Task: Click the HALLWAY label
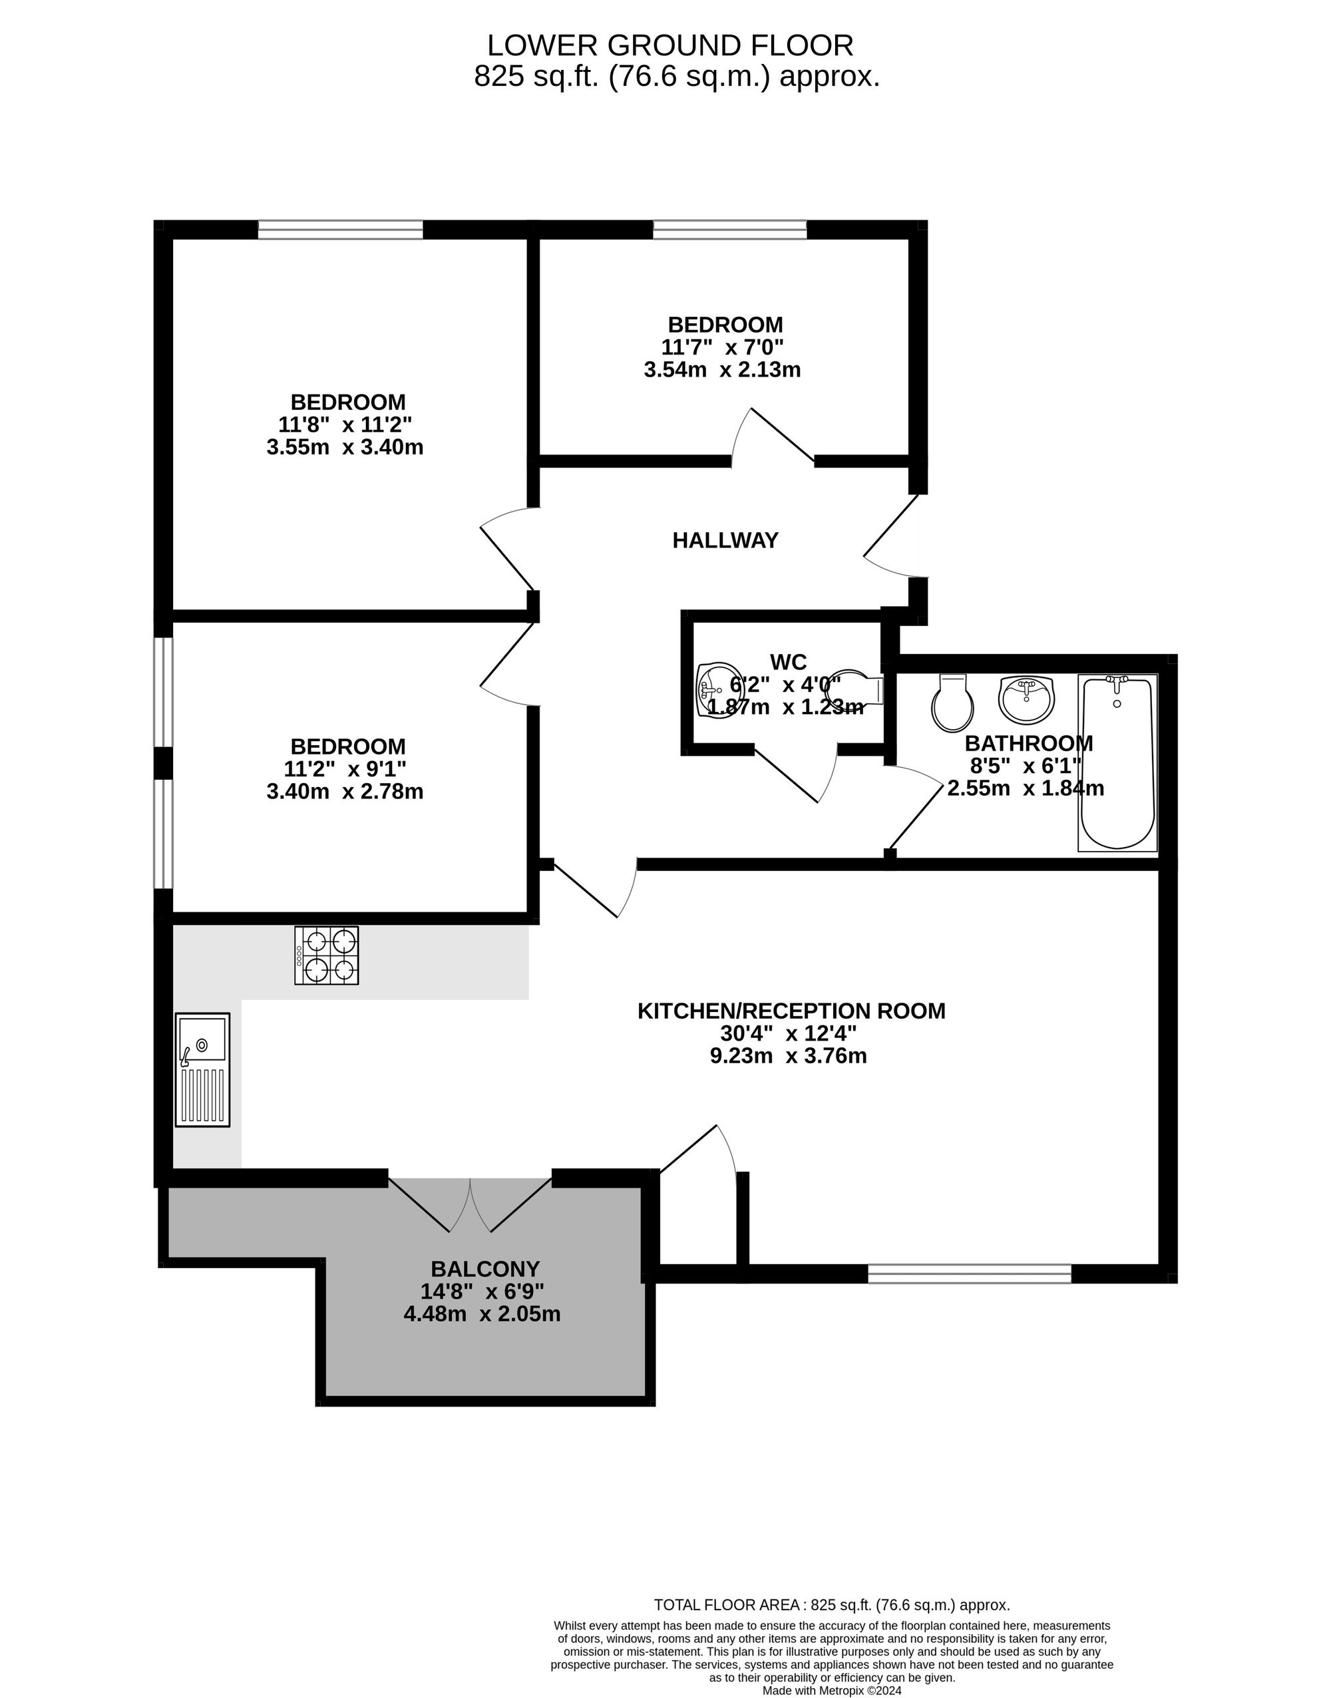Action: click(x=725, y=540)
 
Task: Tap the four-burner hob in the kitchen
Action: click(x=327, y=955)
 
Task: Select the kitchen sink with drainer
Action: click(x=202, y=1069)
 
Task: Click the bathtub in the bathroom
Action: click(x=1117, y=763)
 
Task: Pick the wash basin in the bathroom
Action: click(x=1026, y=699)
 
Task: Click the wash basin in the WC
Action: click(x=719, y=690)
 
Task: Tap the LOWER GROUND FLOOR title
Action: click(x=670, y=45)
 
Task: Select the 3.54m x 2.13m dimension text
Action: click(x=722, y=369)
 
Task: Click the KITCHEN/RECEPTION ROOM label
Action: click(x=791, y=1011)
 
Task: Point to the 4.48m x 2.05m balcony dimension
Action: click(x=482, y=1314)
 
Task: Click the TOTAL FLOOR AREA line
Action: click(x=831, y=1605)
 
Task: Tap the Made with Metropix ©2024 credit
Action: click(x=831, y=1690)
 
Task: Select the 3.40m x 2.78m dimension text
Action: click(x=345, y=791)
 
